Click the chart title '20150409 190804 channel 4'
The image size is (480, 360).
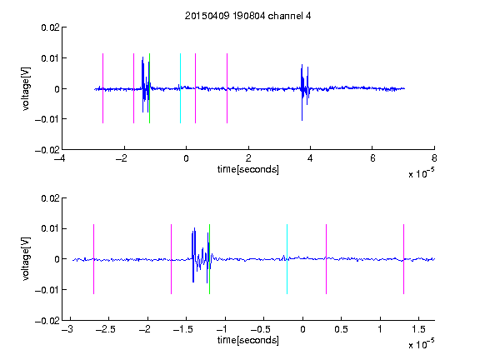click(x=247, y=16)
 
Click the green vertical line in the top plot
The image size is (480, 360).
click(x=149, y=88)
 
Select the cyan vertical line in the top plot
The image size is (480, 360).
click(x=180, y=88)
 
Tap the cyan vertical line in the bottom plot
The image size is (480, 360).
click(x=287, y=259)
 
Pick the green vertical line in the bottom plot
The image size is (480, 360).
click(x=209, y=259)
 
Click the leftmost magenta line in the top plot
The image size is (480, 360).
click(x=102, y=88)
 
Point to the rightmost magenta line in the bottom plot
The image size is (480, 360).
click(x=403, y=259)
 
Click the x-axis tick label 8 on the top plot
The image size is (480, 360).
click(x=434, y=158)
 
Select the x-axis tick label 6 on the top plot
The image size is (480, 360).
click(x=372, y=158)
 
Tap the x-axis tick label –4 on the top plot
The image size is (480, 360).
click(x=59, y=158)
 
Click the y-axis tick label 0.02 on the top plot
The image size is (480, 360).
click(x=51, y=27)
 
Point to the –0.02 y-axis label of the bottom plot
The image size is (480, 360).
click(x=47, y=321)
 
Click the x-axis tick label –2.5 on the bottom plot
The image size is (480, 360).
click(x=105, y=329)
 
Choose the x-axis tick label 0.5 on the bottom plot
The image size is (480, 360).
click(x=341, y=329)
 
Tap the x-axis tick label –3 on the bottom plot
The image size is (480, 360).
click(x=67, y=329)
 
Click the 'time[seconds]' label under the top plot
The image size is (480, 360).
click(x=248, y=169)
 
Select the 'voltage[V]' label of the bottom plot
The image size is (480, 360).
click(x=27, y=259)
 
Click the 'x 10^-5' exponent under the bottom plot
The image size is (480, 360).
click(x=421, y=344)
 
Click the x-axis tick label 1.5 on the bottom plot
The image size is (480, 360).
click(x=418, y=329)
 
